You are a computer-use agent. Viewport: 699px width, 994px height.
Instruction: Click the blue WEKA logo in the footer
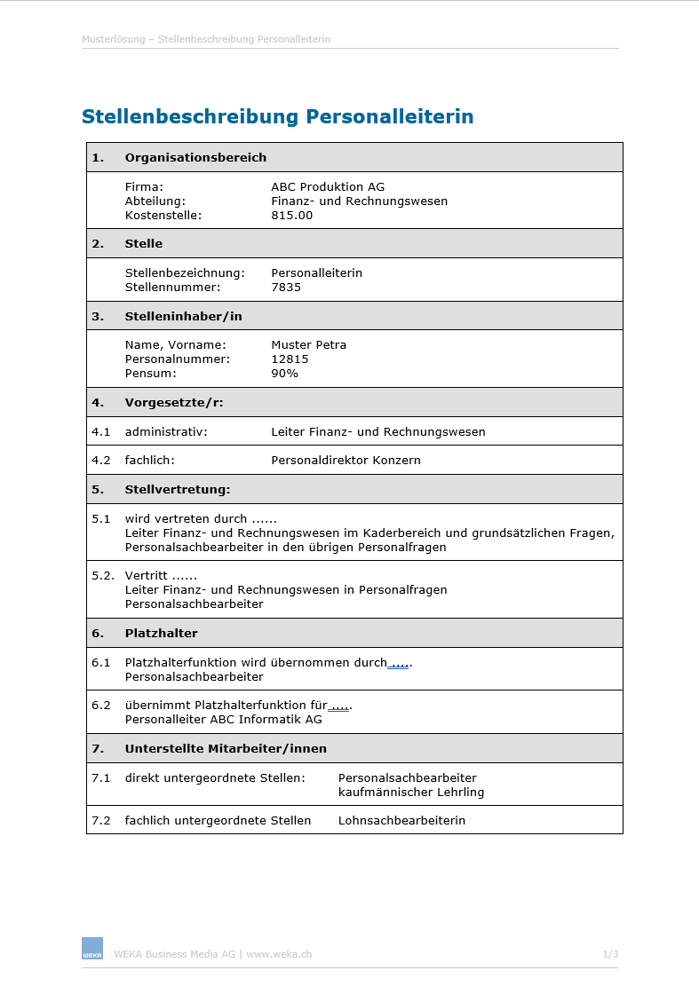[92, 948]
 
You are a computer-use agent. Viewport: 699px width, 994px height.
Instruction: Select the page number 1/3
[610, 954]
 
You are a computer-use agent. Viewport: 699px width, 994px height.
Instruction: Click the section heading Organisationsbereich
[195, 157]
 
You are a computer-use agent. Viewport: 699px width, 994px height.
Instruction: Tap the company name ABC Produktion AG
[328, 186]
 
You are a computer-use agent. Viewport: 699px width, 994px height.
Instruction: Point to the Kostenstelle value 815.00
[292, 215]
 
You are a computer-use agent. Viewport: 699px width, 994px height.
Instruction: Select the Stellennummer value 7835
[286, 287]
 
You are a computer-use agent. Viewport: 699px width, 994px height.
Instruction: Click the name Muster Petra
[308, 344]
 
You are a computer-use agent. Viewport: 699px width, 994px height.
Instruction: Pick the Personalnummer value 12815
[290, 359]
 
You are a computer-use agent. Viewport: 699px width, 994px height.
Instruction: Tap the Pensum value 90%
[284, 373]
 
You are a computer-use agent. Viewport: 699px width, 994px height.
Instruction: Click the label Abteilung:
[155, 201]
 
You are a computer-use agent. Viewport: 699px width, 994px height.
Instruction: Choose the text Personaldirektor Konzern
[346, 460]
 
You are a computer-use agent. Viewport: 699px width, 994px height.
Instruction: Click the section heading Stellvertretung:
[177, 489]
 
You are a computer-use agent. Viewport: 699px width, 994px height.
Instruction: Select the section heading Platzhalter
[161, 633]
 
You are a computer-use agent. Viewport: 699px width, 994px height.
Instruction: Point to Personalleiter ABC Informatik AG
[223, 719]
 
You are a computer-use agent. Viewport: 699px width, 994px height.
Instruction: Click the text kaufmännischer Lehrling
[411, 792]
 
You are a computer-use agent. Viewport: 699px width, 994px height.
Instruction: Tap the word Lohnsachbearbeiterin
[401, 820]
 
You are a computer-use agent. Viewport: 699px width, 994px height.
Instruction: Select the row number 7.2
[100, 820]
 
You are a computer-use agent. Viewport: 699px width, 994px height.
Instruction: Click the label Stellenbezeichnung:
[185, 272]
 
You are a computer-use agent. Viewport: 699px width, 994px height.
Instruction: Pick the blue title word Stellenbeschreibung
[190, 116]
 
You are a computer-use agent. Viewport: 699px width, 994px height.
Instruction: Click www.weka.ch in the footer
[279, 954]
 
